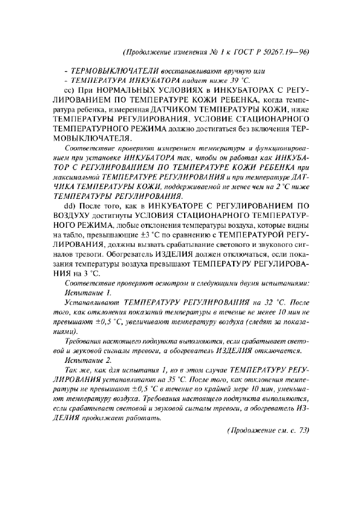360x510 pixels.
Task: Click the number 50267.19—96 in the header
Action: (284, 52)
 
